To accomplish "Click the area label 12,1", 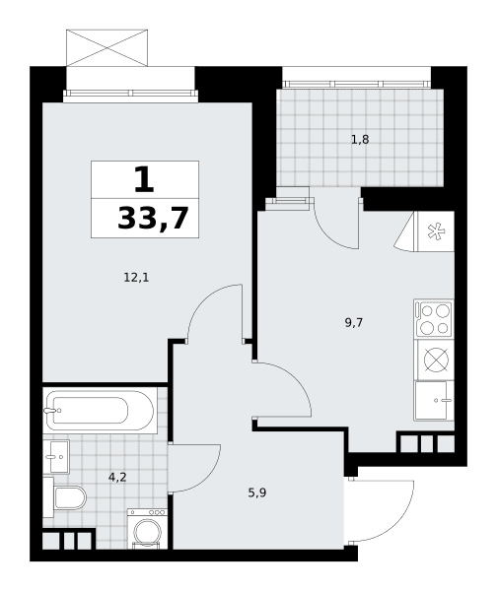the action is [x=136, y=278].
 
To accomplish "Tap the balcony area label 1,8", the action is [x=360, y=140].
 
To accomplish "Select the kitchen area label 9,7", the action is [x=354, y=323].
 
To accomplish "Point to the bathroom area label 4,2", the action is [x=117, y=478].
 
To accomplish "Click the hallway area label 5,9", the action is [x=257, y=492].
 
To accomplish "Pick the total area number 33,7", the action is [x=153, y=219].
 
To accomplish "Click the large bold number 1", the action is [x=144, y=180].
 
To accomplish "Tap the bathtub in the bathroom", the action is [x=100, y=410].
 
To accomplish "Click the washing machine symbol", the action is [x=147, y=528].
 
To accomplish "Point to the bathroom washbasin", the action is [x=56, y=457].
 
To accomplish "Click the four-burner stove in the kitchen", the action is [x=434, y=319].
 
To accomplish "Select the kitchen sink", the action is [x=434, y=400].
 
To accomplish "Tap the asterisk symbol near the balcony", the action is [x=436, y=231].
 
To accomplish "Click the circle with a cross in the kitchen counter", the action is [x=436, y=360].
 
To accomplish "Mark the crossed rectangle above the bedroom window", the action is [x=106, y=48].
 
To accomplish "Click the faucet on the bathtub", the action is [x=51, y=410].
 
